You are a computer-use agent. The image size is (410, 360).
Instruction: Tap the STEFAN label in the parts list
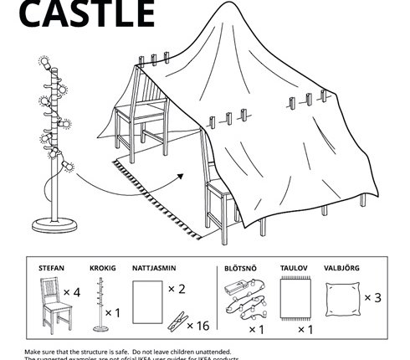pos(51,269)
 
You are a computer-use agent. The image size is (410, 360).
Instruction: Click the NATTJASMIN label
pos(154,269)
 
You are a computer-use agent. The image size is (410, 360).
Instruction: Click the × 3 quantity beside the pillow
pos(374,297)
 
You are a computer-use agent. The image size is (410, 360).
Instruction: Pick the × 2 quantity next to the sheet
pos(176,289)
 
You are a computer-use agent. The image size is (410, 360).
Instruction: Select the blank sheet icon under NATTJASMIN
pos(146,299)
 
